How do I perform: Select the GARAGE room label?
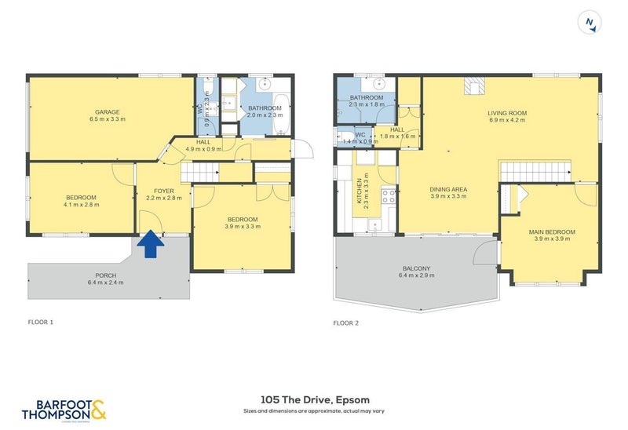(107, 111)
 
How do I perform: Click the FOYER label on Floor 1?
(163, 191)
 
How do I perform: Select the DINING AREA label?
(448, 189)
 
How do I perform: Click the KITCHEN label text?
(360, 192)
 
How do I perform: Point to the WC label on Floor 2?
(360, 134)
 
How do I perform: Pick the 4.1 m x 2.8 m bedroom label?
(81, 197)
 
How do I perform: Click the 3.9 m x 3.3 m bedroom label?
(243, 219)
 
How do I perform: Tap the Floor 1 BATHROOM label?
(265, 107)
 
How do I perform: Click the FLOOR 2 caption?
(345, 322)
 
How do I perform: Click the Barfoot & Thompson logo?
(64, 410)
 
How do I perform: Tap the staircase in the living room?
(535, 169)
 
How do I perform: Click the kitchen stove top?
(387, 196)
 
